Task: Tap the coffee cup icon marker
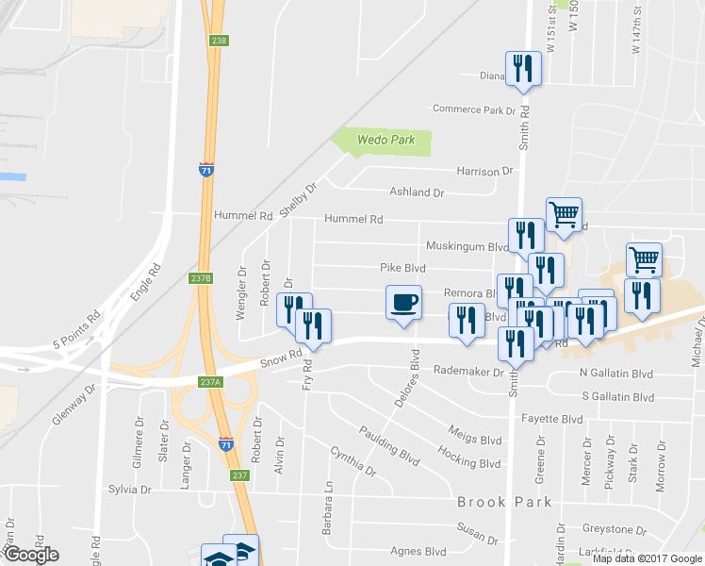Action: coord(403,304)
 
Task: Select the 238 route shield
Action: coord(220,41)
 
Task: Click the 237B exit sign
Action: coord(201,278)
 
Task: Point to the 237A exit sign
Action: coord(210,382)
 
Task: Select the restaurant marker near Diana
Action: coord(523,69)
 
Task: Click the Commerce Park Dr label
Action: coord(475,109)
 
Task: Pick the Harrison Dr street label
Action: coord(484,171)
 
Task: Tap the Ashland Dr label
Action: coord(417,191)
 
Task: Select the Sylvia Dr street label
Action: coord(130,490)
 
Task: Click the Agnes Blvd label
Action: coord(418,551)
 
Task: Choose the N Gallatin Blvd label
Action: coord(616,375)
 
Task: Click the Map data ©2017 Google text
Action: coord(647,558)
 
